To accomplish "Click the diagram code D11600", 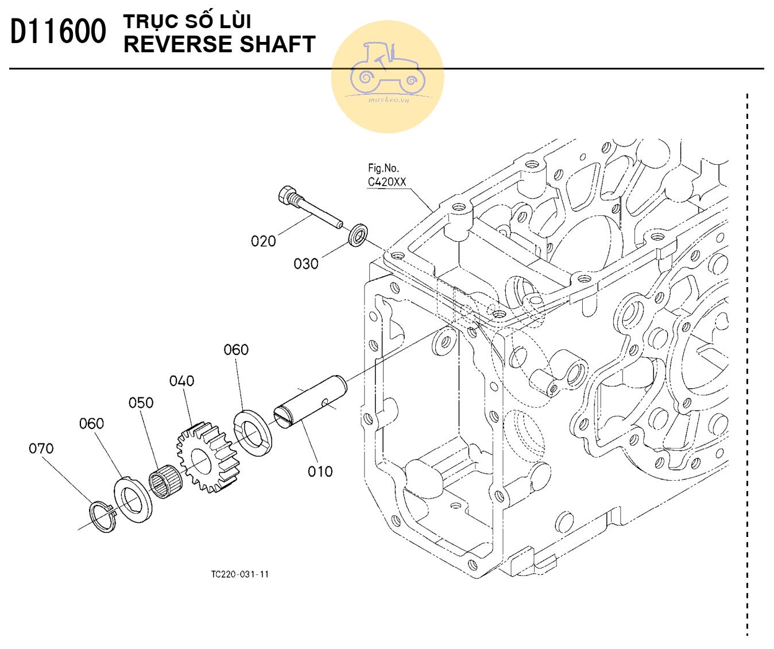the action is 58,32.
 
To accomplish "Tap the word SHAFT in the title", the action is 277,44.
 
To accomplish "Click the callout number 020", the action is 263,241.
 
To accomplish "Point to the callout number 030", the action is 306,264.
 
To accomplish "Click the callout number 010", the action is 320,472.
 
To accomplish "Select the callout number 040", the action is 181,381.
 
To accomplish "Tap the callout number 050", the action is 141,403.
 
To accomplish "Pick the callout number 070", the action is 41,449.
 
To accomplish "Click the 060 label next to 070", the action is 91,423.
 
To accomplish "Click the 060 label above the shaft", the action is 236,350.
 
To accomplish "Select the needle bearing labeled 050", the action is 165,481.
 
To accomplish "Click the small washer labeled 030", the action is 358,235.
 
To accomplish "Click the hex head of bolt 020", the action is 285,195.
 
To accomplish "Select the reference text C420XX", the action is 386,181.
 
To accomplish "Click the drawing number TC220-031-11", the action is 239,574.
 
